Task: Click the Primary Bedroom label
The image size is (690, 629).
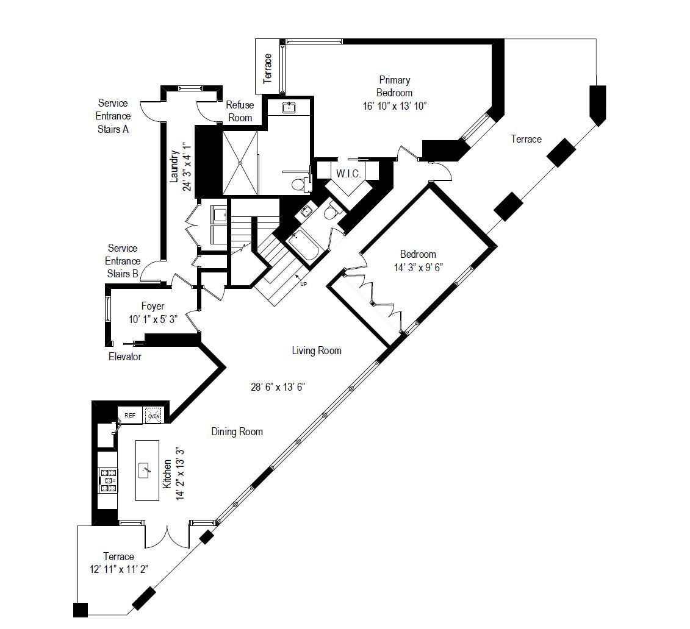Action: click(x=394, y=86)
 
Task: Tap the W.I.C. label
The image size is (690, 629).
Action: click(x=348, y=174)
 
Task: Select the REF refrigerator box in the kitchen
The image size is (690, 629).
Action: click(x=130, y=415)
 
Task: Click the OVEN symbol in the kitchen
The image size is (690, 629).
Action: click(x=153, y=416)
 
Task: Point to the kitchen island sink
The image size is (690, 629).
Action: click(x=145, y=471)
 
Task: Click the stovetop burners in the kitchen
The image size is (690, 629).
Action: click(x=109, y=480)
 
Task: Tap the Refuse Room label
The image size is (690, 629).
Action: click(x=240, y=111)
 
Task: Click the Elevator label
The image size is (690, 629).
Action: click(x=124, y=357)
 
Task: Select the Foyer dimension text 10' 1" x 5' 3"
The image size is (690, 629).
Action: click(x=153, y=319)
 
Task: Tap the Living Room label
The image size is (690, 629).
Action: click(x=316, y=350)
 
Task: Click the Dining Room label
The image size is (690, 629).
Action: click(x=237, y=432)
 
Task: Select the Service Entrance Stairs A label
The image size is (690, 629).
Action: click(x=113, y=116)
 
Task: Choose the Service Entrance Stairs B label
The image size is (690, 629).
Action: click(x=122, y=261)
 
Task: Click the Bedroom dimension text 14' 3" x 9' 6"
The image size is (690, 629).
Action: click(x=417, y=267)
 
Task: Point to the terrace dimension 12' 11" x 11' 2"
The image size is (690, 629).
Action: click(x=119, y=569)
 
